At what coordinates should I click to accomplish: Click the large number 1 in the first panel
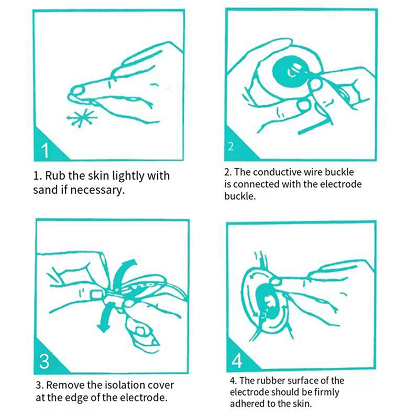pyautogui.click(x=45, y=150)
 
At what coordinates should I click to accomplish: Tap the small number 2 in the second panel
pyautogui.click(x=230, y=147)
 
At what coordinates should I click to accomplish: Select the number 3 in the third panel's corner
pyautogui.click(x=44, y=361)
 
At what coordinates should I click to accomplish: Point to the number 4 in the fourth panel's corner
pyautogui.click(x=236, y=360)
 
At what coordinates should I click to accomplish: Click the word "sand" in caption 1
pyautogui.click(x=46, y=190)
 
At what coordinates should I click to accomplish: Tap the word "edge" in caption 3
pyautogui.click(x=78, y=399)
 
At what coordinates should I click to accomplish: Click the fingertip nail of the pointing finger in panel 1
pyautogui.click(x=78, y=90)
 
